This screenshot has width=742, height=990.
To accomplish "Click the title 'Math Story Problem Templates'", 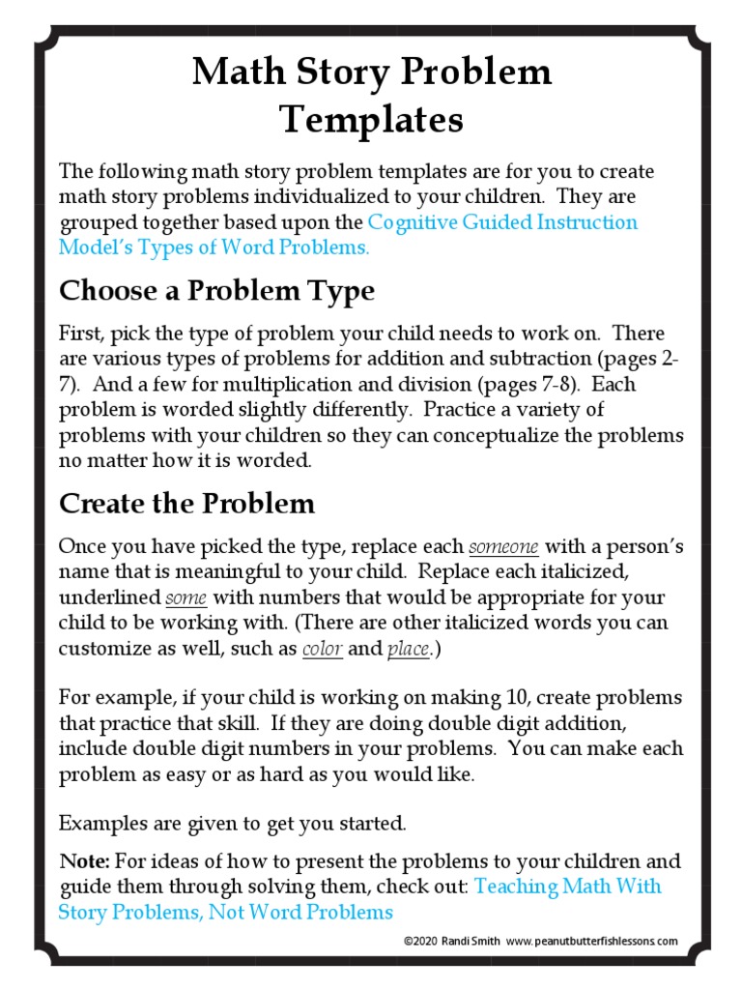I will pyautogui.click(x=371, y=96).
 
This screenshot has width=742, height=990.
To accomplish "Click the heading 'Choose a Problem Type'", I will pyautogui.click(x=216, y=290).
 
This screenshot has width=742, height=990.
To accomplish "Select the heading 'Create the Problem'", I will pyautogui.click(x=186, y=503).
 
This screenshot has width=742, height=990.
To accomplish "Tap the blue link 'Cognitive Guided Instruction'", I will pyautogui.click(x=502, y=221).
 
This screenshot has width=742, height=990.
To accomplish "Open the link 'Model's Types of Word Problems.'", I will pyautogui.click(x=214, y=247).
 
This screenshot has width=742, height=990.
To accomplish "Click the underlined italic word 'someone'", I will pyautogui.click(x=503, y=546).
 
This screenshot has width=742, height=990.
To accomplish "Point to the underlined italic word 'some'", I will pyautogui.click(x=185, y=597).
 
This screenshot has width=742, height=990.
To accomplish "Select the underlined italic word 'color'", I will pyautogui.click(x=322, y=649).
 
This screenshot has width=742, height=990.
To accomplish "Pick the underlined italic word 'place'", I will pyautogui.click(x=408, y=649).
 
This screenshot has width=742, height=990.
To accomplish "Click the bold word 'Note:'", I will pyautogui.click(x=84, y=860).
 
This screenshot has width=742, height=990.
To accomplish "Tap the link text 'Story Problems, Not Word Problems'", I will pyautogui.click(x=225, y=912).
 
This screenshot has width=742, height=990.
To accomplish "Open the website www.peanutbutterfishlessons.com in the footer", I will pyautogui.click(x=591, y=941).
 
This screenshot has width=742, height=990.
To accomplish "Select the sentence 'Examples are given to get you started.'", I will pyautogui.click(x=232, y=824).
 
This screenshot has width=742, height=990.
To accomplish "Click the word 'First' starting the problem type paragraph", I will pyautogui.click(x=80, y=334).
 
